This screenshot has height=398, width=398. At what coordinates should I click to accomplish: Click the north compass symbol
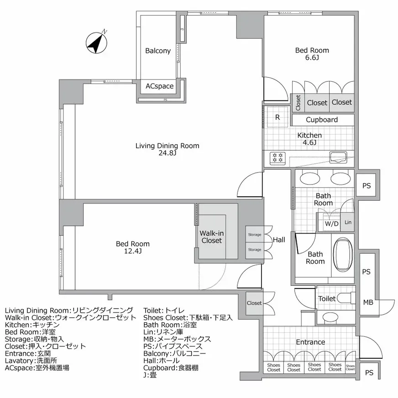point(96,42)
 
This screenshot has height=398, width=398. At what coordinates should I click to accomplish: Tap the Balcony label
point(158,51)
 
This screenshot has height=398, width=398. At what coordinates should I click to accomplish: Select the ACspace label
point(159,86)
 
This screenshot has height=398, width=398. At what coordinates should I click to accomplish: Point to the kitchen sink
point(338,157)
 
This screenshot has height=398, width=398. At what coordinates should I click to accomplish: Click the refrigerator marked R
point(278,117)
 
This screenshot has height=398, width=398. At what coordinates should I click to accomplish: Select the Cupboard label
point(322,120)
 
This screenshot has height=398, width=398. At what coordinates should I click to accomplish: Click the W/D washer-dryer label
point(332,224)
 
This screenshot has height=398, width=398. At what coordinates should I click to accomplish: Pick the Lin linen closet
point(347,222)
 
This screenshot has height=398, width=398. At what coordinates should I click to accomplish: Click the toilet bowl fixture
point(345,298)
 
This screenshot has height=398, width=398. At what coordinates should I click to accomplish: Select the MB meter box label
point(368,302)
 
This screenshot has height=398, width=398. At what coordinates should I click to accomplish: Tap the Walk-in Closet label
point(212,237)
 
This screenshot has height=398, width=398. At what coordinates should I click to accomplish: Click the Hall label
point(279,240)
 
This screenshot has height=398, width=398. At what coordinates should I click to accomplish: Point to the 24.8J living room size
point(167,153)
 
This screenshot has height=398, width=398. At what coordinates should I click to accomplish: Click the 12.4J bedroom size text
point(133,251)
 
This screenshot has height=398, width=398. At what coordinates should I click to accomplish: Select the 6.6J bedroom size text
point(312,58)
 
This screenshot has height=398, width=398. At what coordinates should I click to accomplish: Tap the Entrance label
point(310,342)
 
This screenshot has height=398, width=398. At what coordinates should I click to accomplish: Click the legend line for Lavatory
point(31,361)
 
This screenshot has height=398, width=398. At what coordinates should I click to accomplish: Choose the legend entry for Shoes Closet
point(188,318)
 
